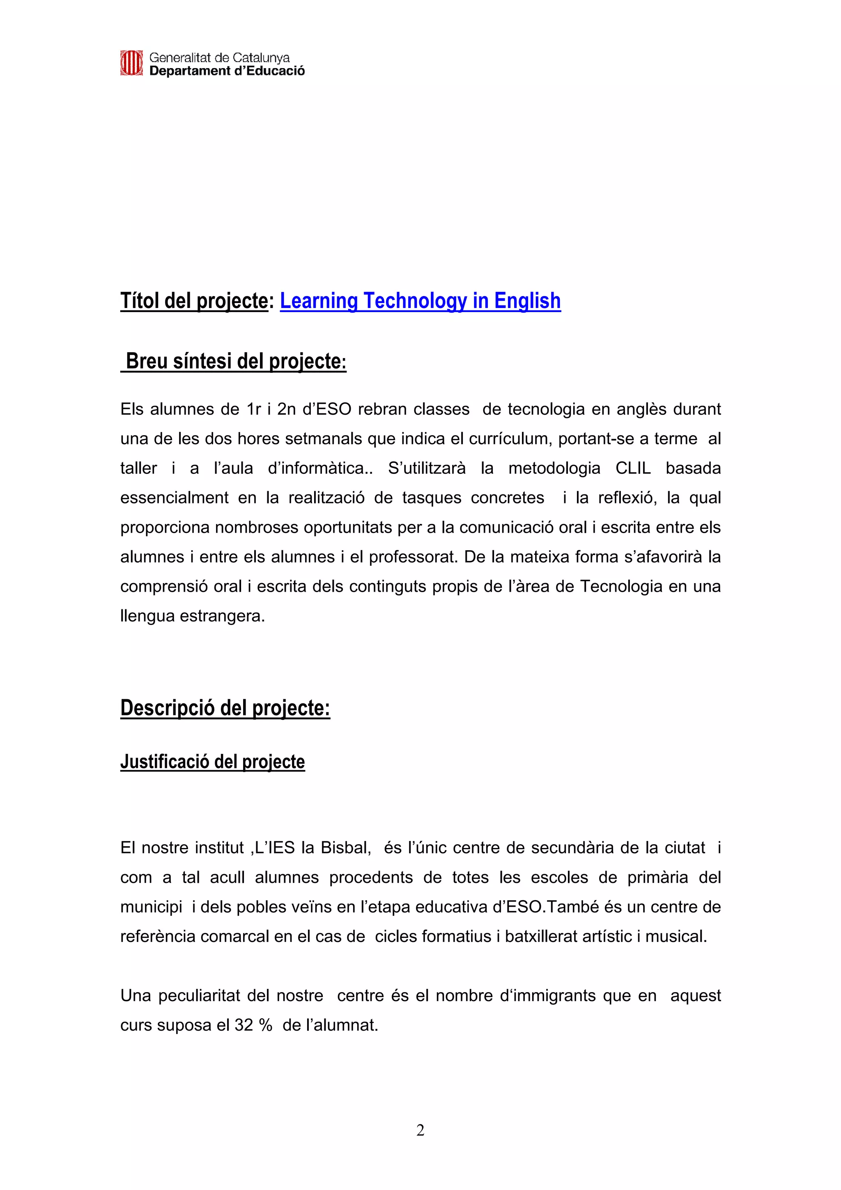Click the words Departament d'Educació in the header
(227, 71)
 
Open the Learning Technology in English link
(420, 301)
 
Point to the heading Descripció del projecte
(225, 708)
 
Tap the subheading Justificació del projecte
(212, 761)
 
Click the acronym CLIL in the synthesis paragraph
(633, 469)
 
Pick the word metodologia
(554, 469)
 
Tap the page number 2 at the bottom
(420, 1130)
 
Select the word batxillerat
(540, 937)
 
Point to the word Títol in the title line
(140, 301)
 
